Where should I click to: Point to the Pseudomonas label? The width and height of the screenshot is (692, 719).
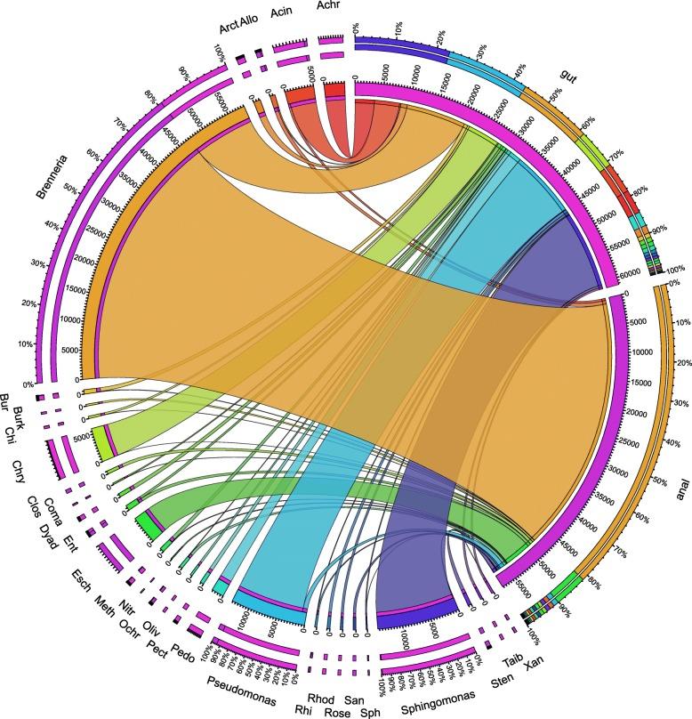236,683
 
